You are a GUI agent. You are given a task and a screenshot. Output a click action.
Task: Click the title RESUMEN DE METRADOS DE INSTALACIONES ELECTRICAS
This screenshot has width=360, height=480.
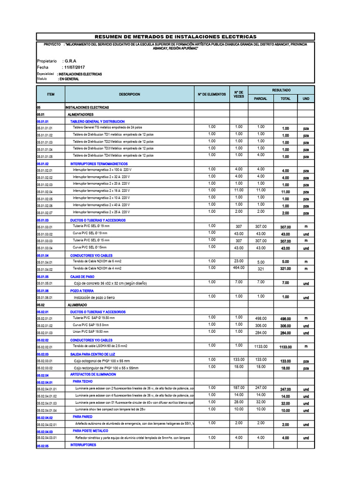click(176, 37)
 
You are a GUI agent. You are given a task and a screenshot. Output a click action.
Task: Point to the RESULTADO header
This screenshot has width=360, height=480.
click(281, 90)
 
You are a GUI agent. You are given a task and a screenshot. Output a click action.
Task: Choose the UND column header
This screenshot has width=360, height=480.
click(306, 99)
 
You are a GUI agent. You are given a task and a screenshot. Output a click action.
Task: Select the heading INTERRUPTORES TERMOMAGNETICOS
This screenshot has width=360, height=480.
click(98, 164)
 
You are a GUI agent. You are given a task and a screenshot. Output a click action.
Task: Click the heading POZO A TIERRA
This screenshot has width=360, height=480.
click(82, 291)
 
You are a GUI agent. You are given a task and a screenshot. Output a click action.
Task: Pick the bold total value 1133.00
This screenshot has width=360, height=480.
click(285, 347)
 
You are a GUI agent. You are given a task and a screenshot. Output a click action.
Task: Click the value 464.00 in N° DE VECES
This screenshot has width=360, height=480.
click(239, 268)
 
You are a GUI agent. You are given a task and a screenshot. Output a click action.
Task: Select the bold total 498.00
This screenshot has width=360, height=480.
click(285, 319)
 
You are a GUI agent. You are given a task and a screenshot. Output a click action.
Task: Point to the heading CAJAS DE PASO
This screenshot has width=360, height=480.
click(82, 277)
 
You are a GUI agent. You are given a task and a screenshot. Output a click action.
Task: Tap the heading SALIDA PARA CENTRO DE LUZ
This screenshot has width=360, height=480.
click(93, 354)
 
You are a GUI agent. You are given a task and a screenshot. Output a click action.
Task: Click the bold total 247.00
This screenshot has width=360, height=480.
click(285, 390)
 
